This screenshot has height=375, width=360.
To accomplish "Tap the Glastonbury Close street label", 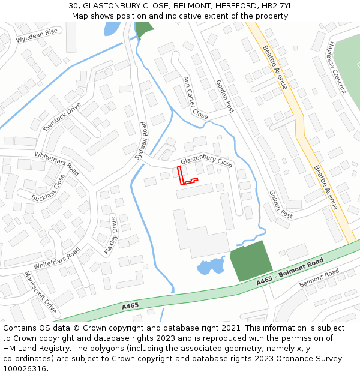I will [206, 162].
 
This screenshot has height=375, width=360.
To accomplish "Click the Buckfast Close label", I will [48, 188].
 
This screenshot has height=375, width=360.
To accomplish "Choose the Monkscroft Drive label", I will [40, 292].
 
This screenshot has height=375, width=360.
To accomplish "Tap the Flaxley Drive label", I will [110, 235].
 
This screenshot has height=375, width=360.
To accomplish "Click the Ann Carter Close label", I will [195, 98].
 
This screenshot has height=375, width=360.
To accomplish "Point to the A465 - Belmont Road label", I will [290, 271].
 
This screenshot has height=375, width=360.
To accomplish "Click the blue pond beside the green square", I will [211, 266].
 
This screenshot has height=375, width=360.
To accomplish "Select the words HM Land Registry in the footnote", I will [29, 348].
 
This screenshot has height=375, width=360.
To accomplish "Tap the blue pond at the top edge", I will [111, 28].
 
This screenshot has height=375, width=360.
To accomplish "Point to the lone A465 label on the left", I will [130, 306].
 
